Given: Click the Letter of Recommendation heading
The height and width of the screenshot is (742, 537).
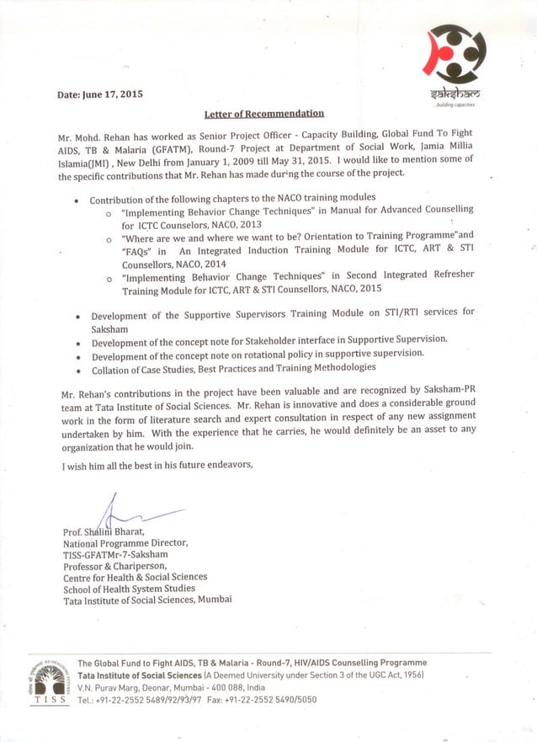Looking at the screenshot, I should tap(264, 113).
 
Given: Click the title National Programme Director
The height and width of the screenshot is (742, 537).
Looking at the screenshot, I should tap(125, 544).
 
